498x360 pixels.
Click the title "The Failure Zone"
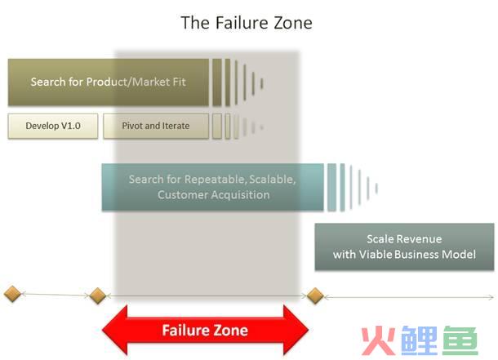(247, 23)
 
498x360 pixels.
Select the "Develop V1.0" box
(53, 126)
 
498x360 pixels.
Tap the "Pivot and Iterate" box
(156, 126)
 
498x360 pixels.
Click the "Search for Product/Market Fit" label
(109, 82)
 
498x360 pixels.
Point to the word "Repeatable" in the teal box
(216, 180)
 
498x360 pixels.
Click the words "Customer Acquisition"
(214, 194)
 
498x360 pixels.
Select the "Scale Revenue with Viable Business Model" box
(404, 247)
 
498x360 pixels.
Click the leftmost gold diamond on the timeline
(12, 294)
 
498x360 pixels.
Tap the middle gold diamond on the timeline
(97, 296)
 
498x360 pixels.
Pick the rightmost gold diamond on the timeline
(315, 296)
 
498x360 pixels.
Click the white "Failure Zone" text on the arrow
(205, 330)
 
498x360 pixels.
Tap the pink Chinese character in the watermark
(379, 340)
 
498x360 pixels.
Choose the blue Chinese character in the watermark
(419, 340)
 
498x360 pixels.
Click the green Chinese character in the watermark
(460, 340)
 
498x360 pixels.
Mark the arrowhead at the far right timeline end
(491, 297)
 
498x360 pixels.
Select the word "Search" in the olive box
(48, 82)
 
